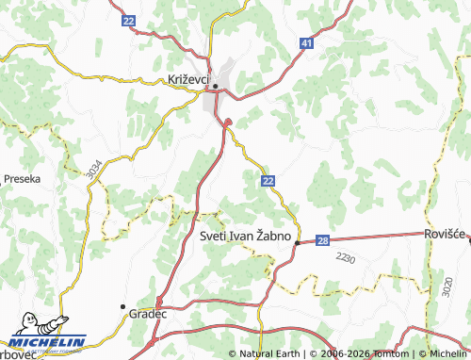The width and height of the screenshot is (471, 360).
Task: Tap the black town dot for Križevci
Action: click(216, 87)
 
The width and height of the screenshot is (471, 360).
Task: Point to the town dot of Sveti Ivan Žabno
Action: click(297, 243)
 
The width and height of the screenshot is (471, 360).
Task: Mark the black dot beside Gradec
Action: click(122, 307)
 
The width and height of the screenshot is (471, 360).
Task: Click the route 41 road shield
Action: click(307, 43)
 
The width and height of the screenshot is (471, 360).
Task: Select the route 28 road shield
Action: click(322, 241)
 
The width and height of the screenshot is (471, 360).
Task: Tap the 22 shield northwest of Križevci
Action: click(129, 20)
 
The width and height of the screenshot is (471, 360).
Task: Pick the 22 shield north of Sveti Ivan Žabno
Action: click(268, 180)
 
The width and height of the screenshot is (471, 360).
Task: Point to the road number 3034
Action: click(91, 170)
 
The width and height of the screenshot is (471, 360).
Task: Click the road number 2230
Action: click(345, 258)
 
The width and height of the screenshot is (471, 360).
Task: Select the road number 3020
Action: click(446, 287)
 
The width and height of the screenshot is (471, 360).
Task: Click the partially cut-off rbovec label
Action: click(16, 353)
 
